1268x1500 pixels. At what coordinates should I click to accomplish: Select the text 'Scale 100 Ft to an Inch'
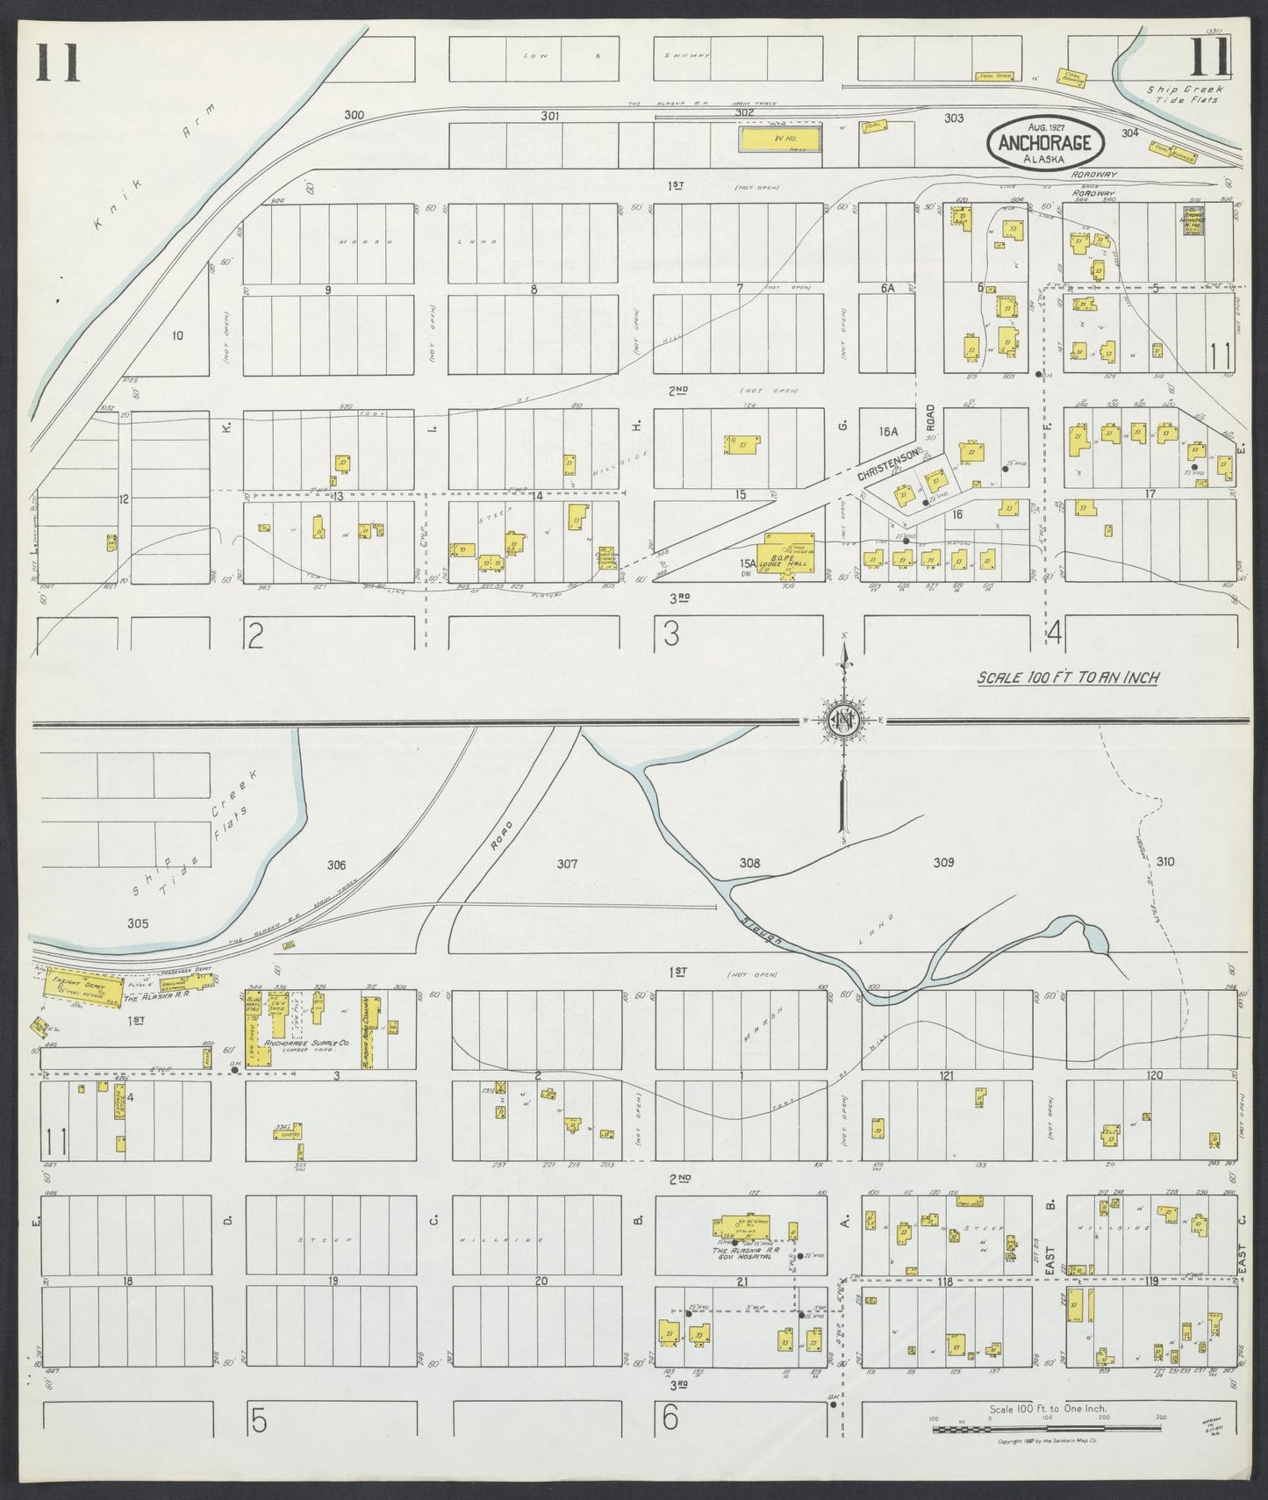pos(1069,677)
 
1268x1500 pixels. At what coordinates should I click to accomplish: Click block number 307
pos(568,864)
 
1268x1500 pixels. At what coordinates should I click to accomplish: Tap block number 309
pos(943,863)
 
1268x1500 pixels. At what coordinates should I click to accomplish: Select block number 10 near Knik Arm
pos(178,335)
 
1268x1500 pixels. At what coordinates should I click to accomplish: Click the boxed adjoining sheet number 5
pos(258,1422)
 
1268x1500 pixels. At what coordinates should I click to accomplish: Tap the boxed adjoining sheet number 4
pos(1055,633)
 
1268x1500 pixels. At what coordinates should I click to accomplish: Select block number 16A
pos(889,431)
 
